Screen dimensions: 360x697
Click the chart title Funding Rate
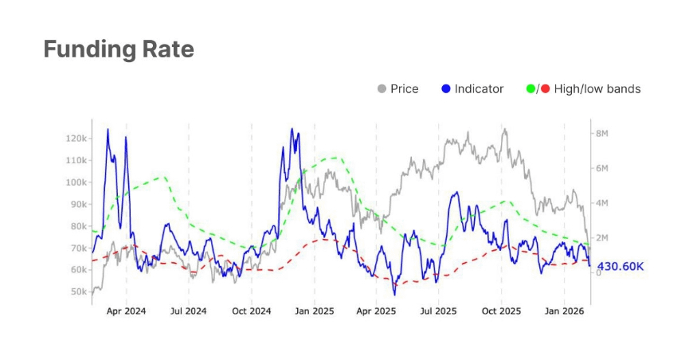pyautogui.click(x=119, y=49)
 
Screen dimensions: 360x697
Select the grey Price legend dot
pyautogui.click(x=382, y=89)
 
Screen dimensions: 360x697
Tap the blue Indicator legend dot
pyautogui.click(x=446, y=89)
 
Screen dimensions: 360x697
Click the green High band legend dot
pyautogui.click(x=531, y=89)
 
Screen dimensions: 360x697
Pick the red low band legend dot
pyautogui.click(x=546, y=89)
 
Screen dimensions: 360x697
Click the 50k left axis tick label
pyautogui.click(x=77, y=292)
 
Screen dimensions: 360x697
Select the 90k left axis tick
pyautogui.click(x=77, y=205)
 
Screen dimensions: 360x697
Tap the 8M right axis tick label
pyautogui.click(x=602, y=134)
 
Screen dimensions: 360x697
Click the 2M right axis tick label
pyautogui.click(x=602, y=238)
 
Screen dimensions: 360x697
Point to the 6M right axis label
pyautogui.click(x=602, y=169)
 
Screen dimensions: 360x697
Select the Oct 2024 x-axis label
pyautogui.click(x=251, y=311)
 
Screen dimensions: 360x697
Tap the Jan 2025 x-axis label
pyautogui.click(x=314, y=311)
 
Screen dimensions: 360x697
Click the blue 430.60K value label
pyautogui.click(x=620, y=266)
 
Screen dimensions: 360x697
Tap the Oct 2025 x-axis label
pyautogui.click(x=501, y=311)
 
